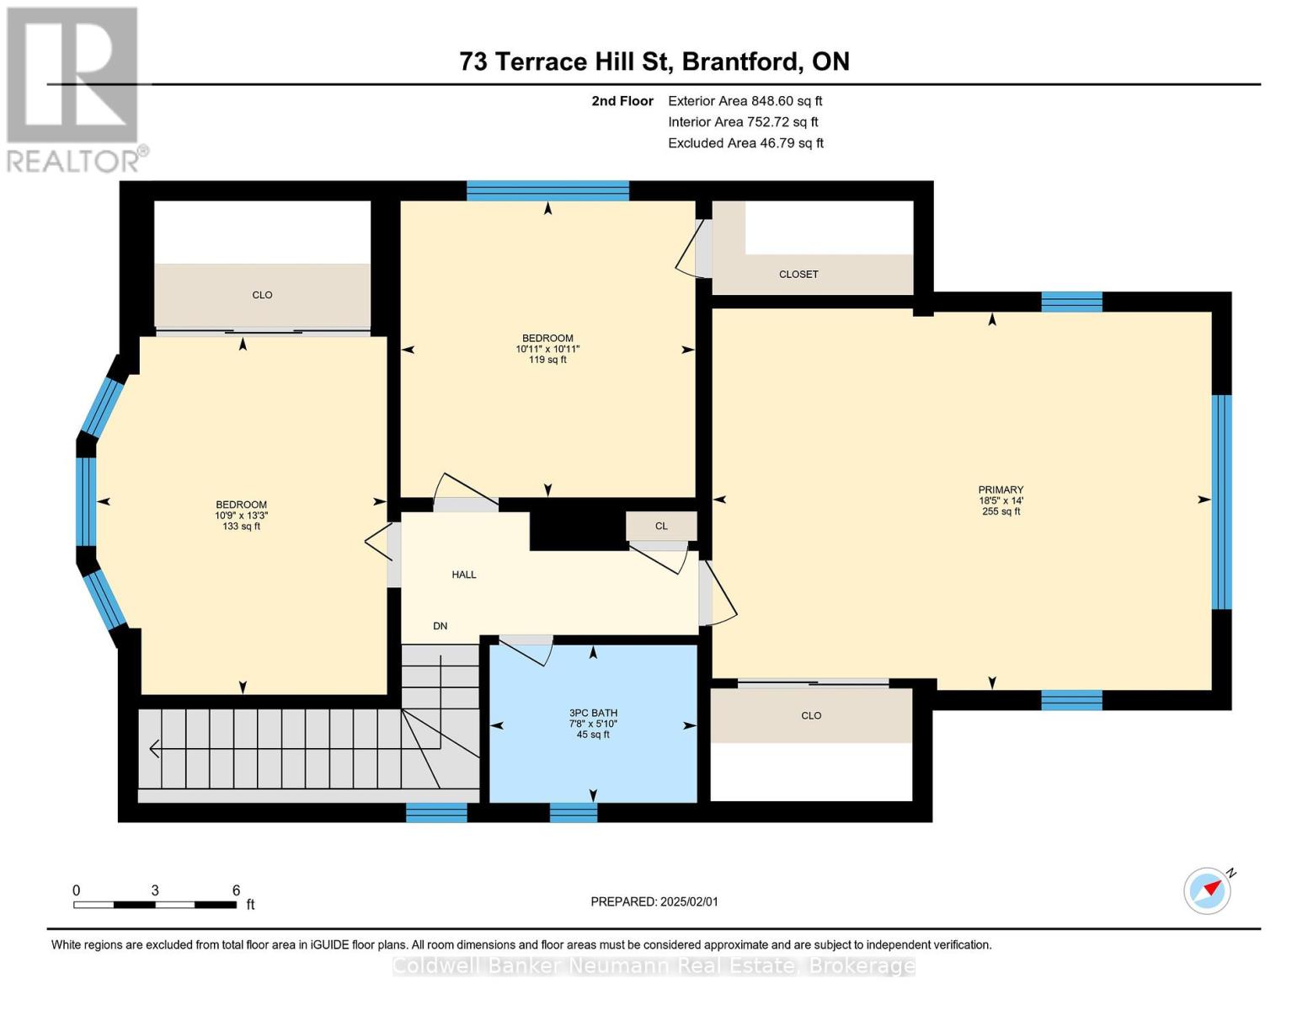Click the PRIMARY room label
tap(1001, 489)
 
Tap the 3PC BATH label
tap(593, 713)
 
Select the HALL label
tap(464, 575)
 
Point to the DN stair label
tap(440, 626)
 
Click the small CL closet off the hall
tap(661, 526)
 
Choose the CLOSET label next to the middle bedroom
tap(798, 274)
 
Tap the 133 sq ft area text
tap(241, 527)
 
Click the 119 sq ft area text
tap(547, 360)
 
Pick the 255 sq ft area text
tap(1001, 511)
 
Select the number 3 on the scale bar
tap(155, 890)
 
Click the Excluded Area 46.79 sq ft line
tap(745, 142)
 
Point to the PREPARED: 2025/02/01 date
tap(654, 901)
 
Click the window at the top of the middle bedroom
tap(547, 190)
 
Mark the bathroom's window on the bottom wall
tap(573, 812)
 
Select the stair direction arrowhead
tap(154, 748)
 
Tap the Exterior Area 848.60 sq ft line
tap(745, 100)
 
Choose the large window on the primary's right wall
tap(1221, 502)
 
